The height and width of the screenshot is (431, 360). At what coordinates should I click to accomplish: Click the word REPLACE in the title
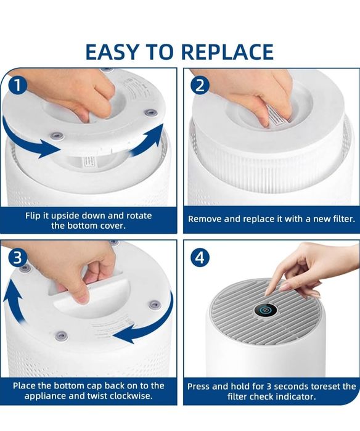pos(227,51)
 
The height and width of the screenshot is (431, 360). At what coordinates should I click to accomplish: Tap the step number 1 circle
pos(17,85)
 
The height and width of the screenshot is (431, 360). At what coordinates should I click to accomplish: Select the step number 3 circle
pos(18,258)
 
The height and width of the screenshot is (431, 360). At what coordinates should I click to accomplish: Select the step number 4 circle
pos(200,258)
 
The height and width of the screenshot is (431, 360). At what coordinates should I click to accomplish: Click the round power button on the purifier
pos(265,310)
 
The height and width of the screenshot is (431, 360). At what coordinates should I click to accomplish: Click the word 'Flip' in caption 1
pos(33,216)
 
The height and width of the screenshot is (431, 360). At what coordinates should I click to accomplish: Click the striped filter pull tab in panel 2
pos(277,118)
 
